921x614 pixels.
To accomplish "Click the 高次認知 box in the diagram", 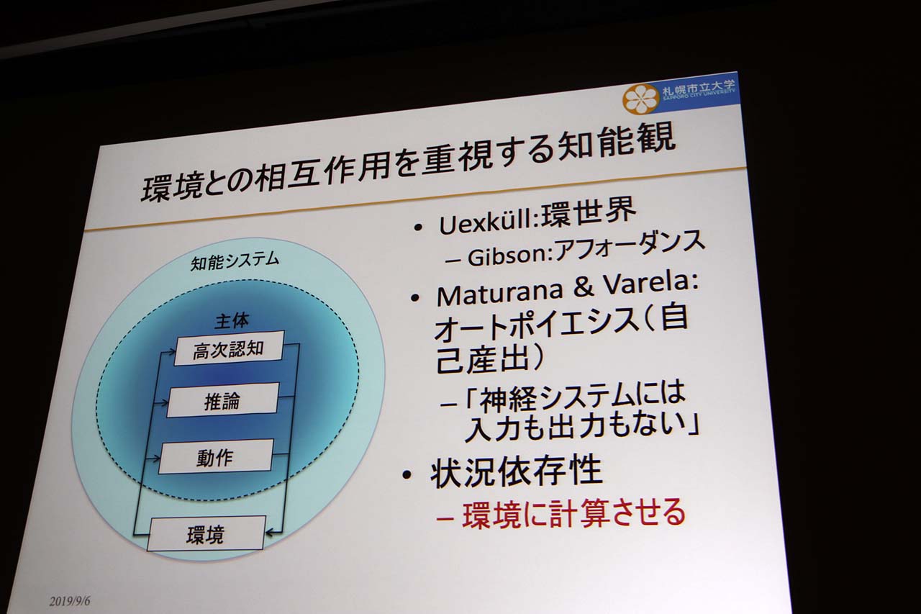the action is pyautogui.click(x=229, y=348).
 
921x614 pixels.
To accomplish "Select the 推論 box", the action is pyautogui.click(x=223, y=400).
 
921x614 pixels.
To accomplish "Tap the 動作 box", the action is pyautogui.click(x=216, y=456).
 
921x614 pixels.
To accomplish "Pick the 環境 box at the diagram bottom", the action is pyautogui.click(x=206, y=533).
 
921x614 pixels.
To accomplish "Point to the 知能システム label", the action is pyautogui.click(x=235, y=261).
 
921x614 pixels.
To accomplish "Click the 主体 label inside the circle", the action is pyautogui.click(x=232, y=320).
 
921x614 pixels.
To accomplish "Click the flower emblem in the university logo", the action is pyautogui.click(x=641, y=99).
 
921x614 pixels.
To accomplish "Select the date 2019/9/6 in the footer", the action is pyautogui.click(x=70, y=602).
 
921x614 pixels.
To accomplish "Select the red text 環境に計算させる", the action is pyautogui.click(x=574, y=513).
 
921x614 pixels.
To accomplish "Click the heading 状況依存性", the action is pyautogui.click(x=517, y=471).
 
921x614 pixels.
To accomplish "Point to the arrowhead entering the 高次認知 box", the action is pyautogui.click(x=170, y=352).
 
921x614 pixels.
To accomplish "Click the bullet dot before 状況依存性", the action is pyautogui.click(x=407, y=475).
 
